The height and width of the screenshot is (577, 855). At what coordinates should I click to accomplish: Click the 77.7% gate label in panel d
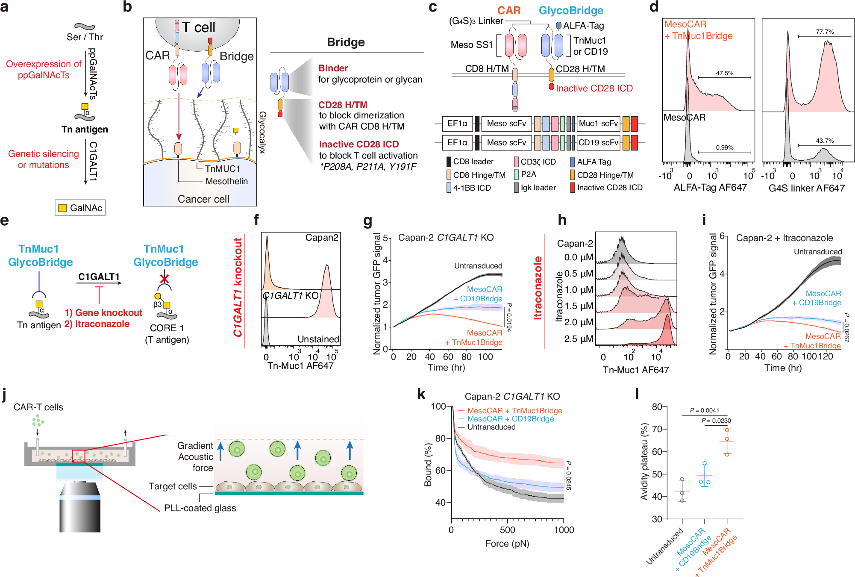824,32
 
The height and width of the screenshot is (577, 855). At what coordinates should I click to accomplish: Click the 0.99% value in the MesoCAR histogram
725,147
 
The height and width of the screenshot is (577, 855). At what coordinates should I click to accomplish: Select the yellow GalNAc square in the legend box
62,208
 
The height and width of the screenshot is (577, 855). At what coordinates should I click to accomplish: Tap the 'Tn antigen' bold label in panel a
85,130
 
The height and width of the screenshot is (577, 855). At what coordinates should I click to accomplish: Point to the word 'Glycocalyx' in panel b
262,132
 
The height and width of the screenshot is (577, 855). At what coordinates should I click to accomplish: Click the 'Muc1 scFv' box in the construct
598,124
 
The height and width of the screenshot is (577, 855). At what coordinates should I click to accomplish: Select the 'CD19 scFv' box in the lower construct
598,143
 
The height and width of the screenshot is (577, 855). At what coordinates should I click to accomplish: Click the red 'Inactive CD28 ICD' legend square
573,188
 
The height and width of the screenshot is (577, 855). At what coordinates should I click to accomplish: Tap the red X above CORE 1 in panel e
164,279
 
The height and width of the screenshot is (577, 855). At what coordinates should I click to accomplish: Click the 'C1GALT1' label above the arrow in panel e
99,277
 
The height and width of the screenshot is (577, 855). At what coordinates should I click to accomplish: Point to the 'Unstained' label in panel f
318,339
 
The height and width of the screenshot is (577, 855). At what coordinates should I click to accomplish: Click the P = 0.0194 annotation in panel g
509,317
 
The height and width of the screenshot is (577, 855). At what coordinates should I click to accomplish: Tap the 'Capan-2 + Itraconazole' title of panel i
784,238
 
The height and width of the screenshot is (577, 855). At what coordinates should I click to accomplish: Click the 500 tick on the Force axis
508,530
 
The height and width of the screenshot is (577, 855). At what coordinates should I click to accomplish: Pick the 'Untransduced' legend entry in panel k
491,427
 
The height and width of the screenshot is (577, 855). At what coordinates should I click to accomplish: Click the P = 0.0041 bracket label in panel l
704,410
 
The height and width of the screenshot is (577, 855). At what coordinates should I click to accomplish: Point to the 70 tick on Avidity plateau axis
656,429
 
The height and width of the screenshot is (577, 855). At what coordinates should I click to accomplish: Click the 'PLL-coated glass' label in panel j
200,508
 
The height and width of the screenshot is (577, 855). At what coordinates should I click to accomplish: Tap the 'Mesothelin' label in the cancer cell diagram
226,181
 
